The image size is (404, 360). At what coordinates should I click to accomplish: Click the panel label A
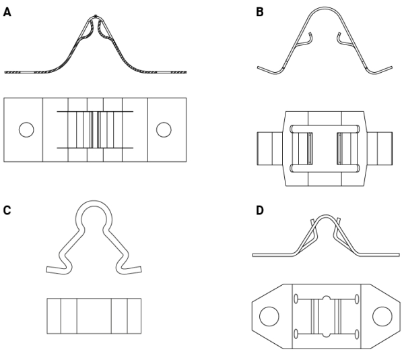pyautogui.click(x=7, y=11)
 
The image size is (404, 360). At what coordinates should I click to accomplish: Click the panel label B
pyautogui.click(x=259, y=11)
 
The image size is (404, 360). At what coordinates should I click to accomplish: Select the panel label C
pyautogui.click(x=7, y=211)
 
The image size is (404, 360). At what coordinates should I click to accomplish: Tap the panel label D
pyautogui.click(x=259, y=211)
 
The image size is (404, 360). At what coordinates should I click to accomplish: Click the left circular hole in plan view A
pyautogui.click(x=26, y=129)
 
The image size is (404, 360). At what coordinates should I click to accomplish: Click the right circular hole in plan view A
pyautogui.click(x=164, y=129)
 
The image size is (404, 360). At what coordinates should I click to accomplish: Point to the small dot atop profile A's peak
pyautogui.click(x=96, y=15)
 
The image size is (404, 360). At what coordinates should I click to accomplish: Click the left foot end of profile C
pyautogui.click(x=48, y=270)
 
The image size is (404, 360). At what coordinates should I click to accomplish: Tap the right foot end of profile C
pyautogui.click(x=140, y=269)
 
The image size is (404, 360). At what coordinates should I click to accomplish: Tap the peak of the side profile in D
pyautogui.click(x=325, y=217)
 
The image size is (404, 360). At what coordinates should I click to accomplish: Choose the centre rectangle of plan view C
pyautogui.click(x=94, y=316)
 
